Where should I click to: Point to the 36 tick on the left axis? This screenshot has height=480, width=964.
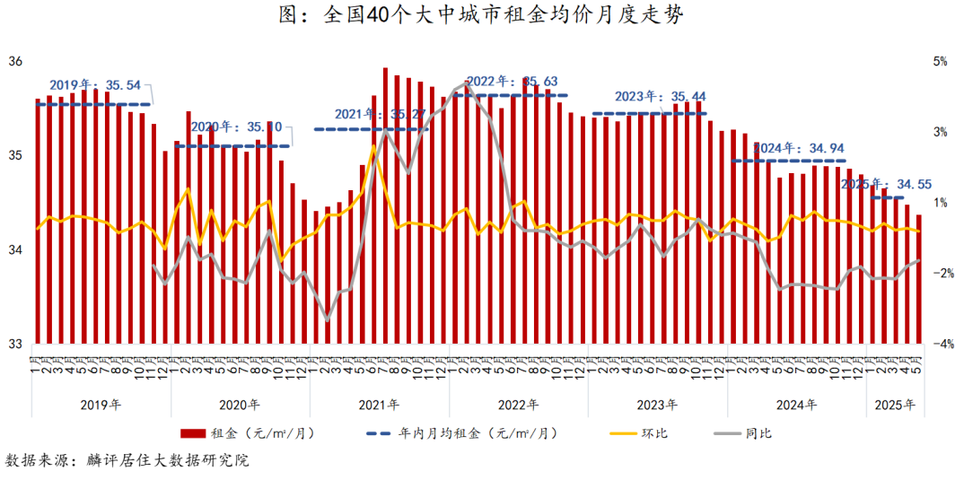[x=15, y=62]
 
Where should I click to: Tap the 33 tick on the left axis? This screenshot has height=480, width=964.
[x=15, y=344]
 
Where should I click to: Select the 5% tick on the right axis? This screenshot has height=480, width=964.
[x=941, y=62]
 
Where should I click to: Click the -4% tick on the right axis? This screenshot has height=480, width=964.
[x=942, y=344]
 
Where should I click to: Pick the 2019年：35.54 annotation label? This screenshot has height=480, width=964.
[x=95, y=85]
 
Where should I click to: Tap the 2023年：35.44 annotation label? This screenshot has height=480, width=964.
[x=661, y=97]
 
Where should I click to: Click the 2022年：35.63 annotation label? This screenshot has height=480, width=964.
[x=513, y=81]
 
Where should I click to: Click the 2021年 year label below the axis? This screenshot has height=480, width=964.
[x=379, y=405]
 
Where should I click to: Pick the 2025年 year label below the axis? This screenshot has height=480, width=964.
[x=895, y=405]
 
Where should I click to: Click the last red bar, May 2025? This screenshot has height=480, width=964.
[x=918, y=278]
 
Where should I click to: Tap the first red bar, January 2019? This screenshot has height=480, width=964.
[x=38, y=220]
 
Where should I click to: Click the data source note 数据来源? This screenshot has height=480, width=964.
[x=126, y=461]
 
